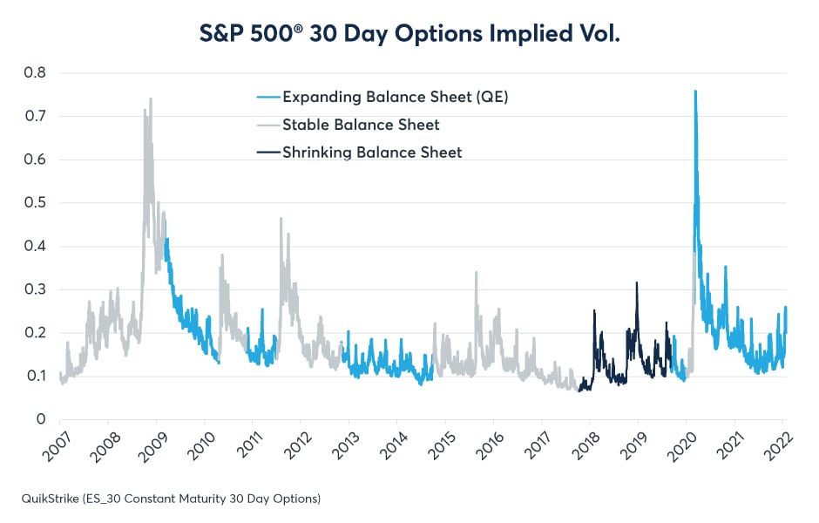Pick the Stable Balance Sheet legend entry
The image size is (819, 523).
pyautogui.click(x=361, y=125)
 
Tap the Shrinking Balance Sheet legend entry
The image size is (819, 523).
pyautogui.click(x=372, y=153)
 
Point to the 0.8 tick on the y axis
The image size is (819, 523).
pyautogui.click(x=35, y=72)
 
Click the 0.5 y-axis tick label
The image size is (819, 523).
pyautogui.click(x=35, y=203)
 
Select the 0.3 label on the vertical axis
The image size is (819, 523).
pyautogui.click(x=35, y=289)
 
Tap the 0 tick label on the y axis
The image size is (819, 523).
pyautogui.click(x=41, y=420)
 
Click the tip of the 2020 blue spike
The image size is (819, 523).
pyautogui.click(x=694, y=91)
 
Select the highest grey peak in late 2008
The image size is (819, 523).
pyautogui.click(x=151, y=98)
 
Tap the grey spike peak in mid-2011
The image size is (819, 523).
pyautogui.click(x=281, y=218)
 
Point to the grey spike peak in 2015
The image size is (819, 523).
pyautogui.click(x=476, y=272)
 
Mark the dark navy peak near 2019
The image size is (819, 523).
pyautogui.click(x=637, y=282)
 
